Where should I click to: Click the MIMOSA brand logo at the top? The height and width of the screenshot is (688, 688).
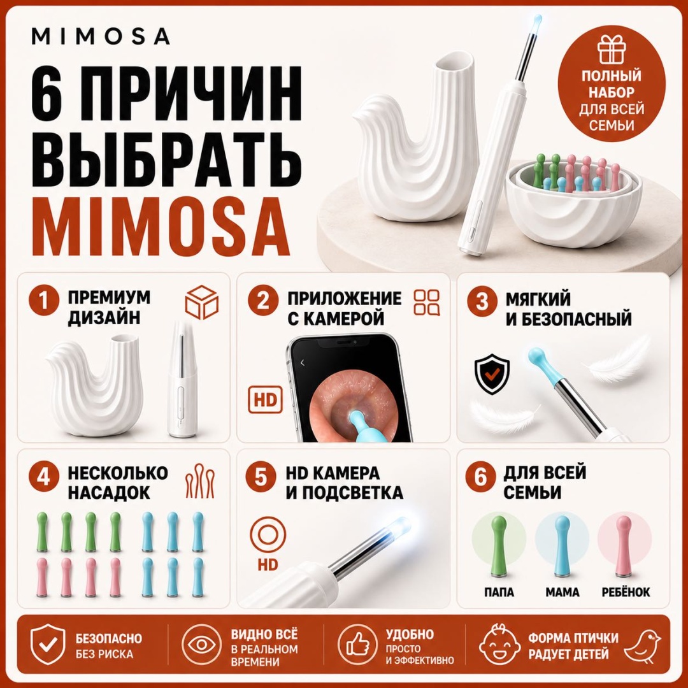pos(101,36)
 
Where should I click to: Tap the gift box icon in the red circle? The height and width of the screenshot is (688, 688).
pos(611,50)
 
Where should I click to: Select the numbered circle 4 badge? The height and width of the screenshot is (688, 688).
pos(43,477)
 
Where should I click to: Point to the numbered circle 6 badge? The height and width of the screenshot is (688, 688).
pos(481,477)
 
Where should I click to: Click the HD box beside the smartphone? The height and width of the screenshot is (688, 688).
pos(265,400)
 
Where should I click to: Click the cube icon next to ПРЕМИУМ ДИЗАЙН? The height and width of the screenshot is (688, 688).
pos(202,303)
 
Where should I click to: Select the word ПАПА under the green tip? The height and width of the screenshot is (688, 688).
pos(499,592)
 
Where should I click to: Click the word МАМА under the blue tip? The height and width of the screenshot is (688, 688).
pos(563,592)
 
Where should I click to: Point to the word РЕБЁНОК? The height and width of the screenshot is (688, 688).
pos(626,592)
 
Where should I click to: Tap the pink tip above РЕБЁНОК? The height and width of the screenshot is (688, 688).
pos(624,546)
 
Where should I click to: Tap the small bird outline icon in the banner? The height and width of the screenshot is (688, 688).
pos(642,646)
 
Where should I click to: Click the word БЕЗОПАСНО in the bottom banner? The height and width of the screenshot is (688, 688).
pos(109,638)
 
